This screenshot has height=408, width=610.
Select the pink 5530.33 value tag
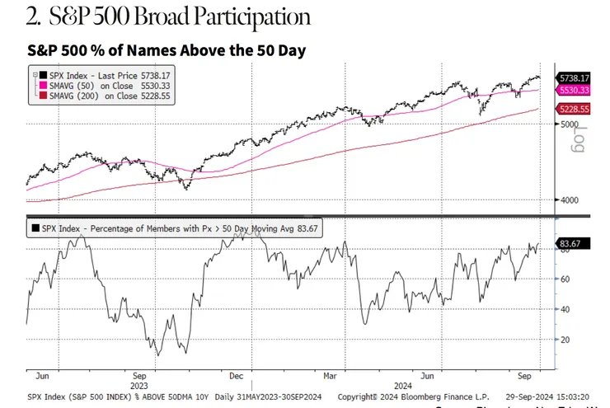[575, 88]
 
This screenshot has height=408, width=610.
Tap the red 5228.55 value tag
[575, 108]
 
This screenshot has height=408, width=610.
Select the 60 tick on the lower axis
[566, 279]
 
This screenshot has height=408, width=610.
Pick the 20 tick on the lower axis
[566, 339]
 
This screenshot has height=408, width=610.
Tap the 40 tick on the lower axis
[566, 309]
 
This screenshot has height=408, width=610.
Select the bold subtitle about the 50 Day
[167, 50]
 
